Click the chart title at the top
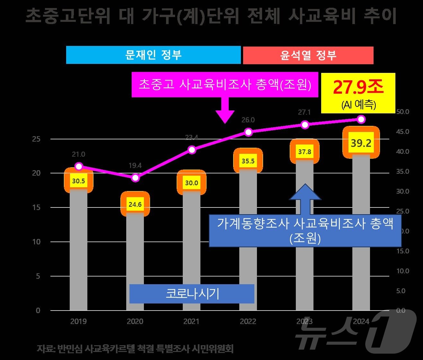pos(211,16)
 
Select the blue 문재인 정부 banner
pos(153,55)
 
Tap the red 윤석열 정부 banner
pos(308,56)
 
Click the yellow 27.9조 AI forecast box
pos(358,93)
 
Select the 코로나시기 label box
pos(192,294)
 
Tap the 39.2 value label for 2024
pos(361,143)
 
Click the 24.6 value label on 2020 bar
pos(135,204)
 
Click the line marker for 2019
pos(79,166)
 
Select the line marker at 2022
pos(248,132)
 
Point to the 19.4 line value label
pos(135,166)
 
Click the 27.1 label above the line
pos(304,112)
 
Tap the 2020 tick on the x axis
pos(135,321)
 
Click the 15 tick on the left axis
pos(36,207)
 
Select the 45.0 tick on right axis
pos(402,132)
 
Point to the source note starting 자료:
pos(135,348)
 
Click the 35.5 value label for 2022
pos(248,161)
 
